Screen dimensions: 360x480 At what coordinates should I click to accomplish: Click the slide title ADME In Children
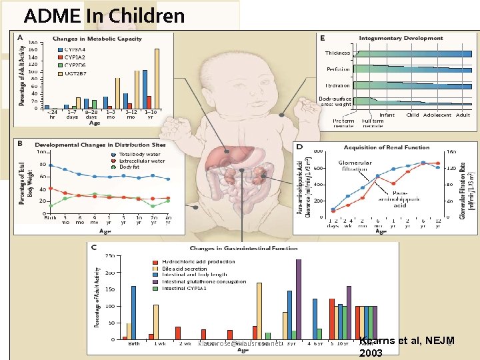(x=104, y=15)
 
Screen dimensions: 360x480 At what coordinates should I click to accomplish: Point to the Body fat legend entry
(x=131, y=166)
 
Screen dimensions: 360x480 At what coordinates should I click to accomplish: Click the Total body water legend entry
(x=141, y=154)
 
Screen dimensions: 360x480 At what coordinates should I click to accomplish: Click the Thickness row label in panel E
(x=337, y=53)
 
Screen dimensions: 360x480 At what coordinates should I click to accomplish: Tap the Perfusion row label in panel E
(x=337, y=69)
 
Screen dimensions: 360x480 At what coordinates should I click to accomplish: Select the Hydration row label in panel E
(x=337, y=85)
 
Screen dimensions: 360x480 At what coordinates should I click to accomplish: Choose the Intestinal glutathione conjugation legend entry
(x=203, y=281)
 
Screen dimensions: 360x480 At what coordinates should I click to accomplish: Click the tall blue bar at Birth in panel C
(x=133, y=313)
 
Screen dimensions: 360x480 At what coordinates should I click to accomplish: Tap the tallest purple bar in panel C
(x=298, y=300)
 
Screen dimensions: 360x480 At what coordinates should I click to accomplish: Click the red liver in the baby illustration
(x=223, y=157)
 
